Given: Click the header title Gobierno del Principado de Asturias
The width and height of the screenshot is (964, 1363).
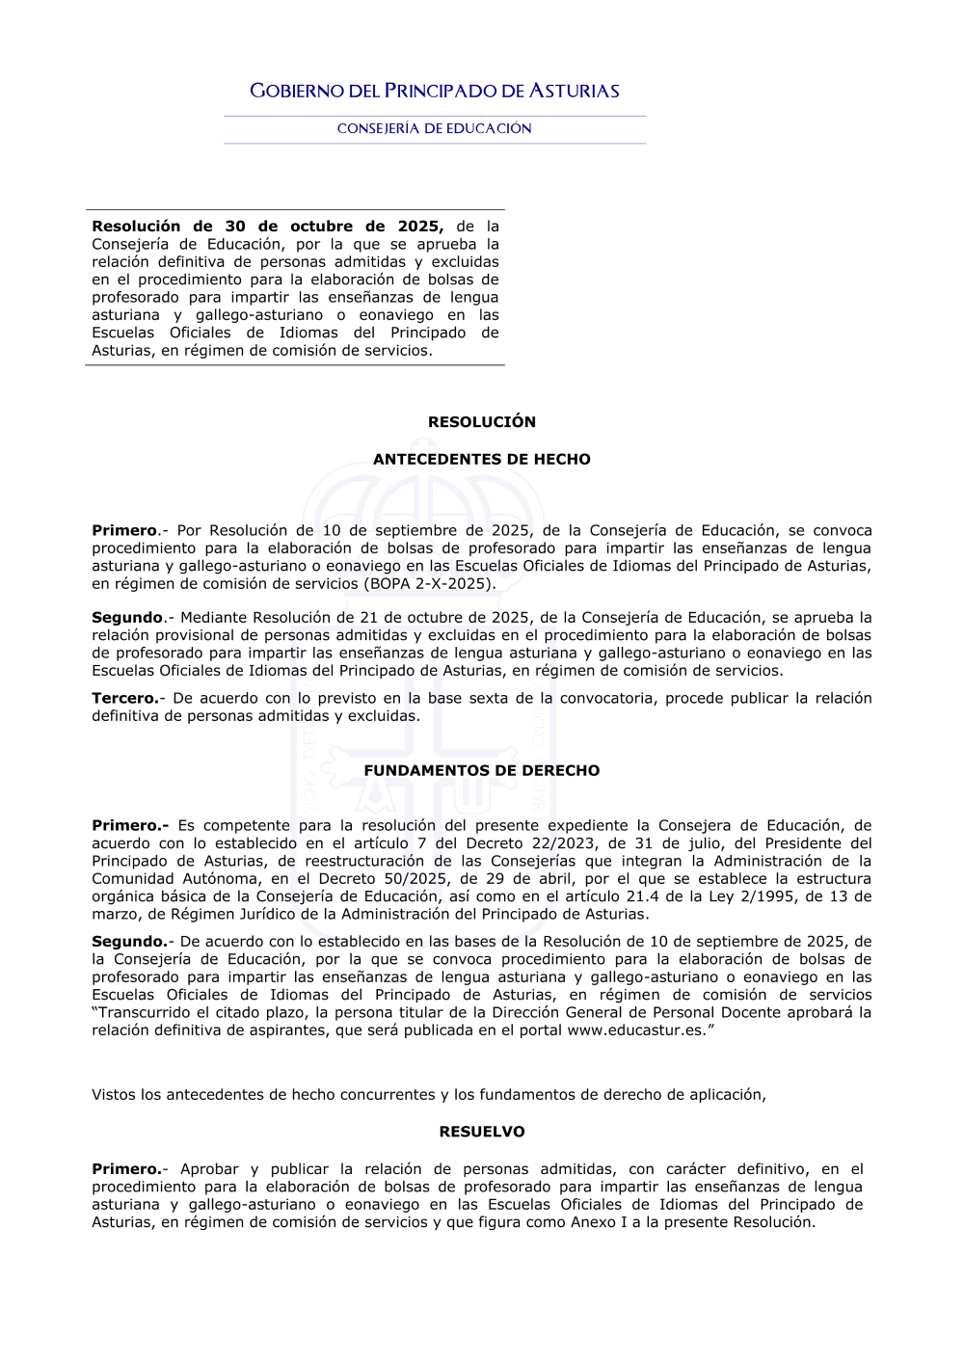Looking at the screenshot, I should click(x=434, y=92).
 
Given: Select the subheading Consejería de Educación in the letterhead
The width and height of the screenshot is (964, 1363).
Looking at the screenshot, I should click(x=434, y=128).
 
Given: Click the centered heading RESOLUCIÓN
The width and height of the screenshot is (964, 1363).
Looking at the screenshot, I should click(x=482, y=422).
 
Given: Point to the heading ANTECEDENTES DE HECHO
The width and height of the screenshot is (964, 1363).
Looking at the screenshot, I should click(x=482, y=460).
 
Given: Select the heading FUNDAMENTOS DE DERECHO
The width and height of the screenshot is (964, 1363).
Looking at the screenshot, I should click(x=482, y=771).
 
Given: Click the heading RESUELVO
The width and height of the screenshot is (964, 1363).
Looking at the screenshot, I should click(x=482, y=1132).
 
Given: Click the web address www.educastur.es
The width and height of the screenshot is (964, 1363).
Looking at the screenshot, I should click(x=636, y=1030).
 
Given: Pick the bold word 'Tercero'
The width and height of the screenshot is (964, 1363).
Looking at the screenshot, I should click(x=124, y=699).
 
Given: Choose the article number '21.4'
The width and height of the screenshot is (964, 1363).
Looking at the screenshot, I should click(x=643, y=896).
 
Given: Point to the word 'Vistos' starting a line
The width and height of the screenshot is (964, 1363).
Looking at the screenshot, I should click(x=114, y=1095).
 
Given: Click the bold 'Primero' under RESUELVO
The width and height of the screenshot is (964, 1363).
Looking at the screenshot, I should click(x=126, y=1169).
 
